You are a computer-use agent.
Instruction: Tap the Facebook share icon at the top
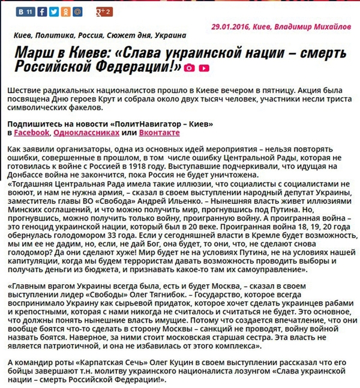click(41, 11)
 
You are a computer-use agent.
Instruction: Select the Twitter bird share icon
click(54, 11)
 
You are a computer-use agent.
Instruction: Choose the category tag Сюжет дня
click(127, 35)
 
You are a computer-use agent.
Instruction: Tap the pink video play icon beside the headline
click(204, 68)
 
